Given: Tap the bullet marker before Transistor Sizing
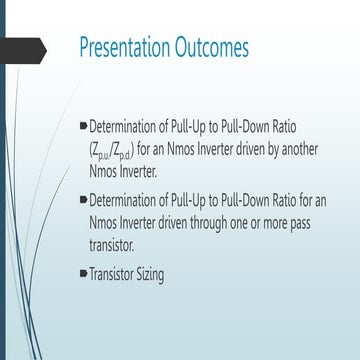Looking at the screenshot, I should (x=83, y=271).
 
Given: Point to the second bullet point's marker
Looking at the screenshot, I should (x=83, y=199).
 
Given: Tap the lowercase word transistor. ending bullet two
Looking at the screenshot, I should (x=114, y=246).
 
